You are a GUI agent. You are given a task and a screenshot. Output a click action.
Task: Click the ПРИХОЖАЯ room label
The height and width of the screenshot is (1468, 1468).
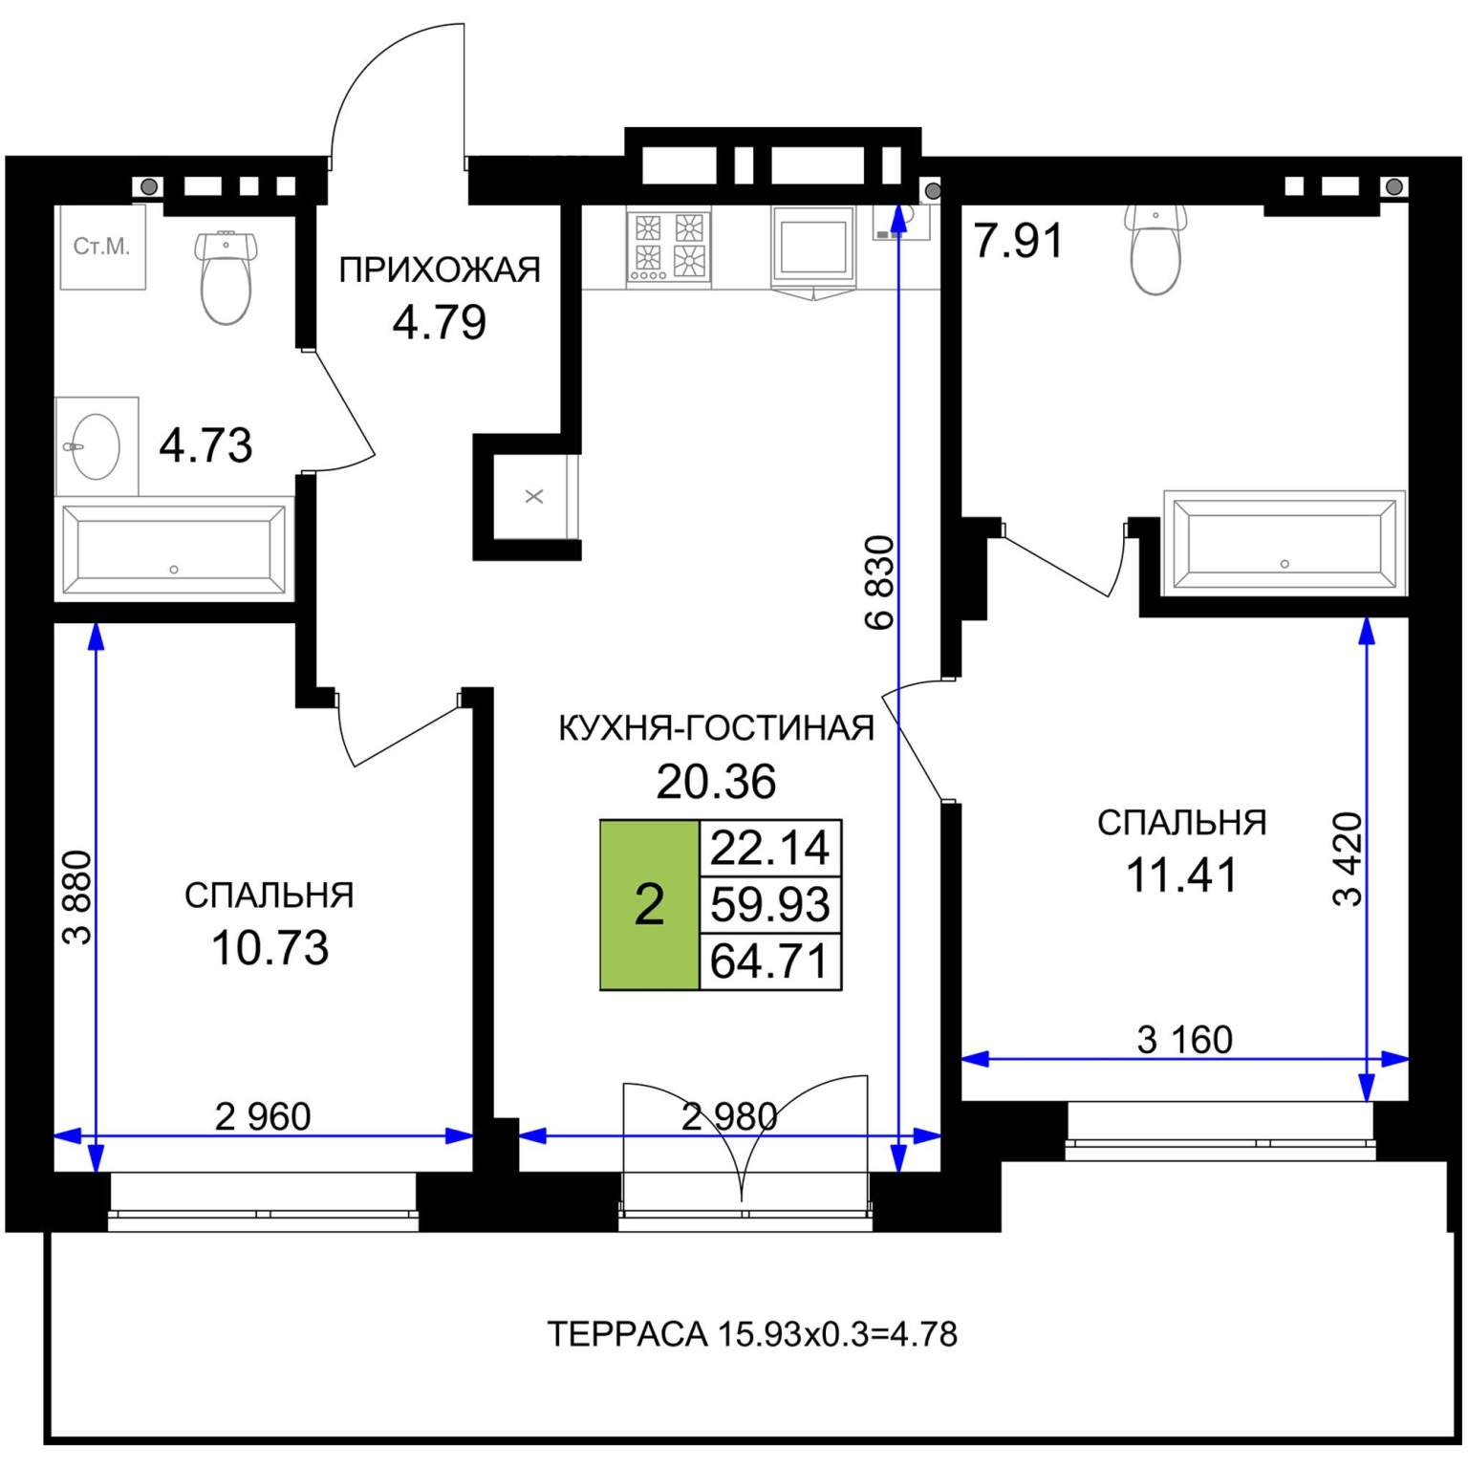[440, 270]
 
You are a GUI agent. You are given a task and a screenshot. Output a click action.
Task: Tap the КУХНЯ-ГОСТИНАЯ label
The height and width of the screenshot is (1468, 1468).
[716, 728]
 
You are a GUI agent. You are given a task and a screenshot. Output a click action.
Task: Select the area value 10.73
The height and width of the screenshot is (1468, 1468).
[270, 948]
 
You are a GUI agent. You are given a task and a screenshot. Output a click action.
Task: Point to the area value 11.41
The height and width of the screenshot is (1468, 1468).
[1182, 874]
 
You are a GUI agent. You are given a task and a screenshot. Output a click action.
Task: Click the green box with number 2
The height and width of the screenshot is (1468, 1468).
[650, 904]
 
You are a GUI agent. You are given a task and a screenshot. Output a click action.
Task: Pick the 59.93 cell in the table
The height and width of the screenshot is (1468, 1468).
[770, 904]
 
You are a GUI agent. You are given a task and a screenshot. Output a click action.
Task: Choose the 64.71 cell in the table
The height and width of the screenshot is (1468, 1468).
[770, 961]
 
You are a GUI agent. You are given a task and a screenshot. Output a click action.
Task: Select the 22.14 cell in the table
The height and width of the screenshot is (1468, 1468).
[770, 848]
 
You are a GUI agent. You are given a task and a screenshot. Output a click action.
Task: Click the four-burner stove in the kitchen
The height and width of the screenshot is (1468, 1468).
[669, 246]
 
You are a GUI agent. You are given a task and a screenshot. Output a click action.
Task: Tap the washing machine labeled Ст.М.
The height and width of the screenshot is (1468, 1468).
[102, 247]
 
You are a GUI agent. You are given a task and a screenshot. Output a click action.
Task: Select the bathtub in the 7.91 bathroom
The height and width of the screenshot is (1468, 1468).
[1284, 543]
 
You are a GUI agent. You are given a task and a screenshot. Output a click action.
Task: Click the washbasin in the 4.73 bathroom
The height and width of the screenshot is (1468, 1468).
[97, 446]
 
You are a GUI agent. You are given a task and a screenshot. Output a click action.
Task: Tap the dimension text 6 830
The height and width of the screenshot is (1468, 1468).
[880, 583]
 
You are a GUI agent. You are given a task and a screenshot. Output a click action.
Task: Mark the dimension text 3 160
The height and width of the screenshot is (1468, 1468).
[1185, 1039]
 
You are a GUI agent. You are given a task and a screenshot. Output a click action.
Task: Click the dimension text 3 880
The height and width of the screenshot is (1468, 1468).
[78, 897]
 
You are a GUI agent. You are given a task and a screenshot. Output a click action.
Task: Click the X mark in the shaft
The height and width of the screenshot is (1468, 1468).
[534, 496]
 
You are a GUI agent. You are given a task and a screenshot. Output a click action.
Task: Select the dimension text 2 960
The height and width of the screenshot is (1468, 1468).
[263, 1116]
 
